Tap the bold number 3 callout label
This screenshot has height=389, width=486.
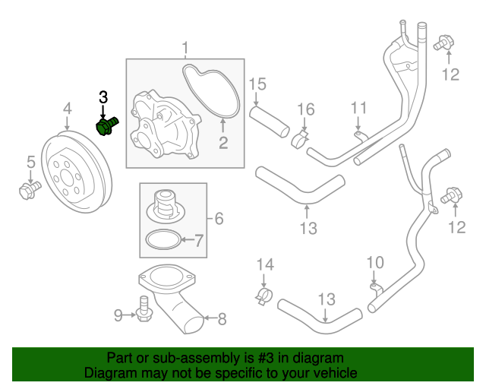[103, 96]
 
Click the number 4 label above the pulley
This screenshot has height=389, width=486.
[67, 109]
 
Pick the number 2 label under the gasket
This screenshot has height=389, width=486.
[223, 142]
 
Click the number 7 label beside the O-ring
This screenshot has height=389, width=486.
[199, 242]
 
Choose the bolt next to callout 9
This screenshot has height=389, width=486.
[144, 308]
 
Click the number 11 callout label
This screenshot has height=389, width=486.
[358, 108]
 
